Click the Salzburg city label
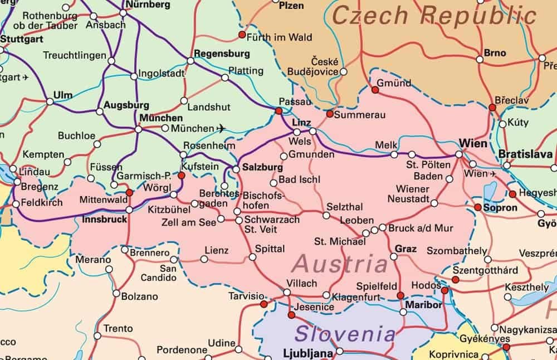point(262,168)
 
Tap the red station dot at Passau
point(278,111)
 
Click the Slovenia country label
point(345,334)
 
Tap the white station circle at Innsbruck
point(129,210)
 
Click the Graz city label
point(405,248)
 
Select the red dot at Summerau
point(330,114)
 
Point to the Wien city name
point(473,143)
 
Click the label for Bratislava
point(526,154)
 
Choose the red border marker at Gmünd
point(375,89)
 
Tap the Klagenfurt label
point(356,298)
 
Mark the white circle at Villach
point(287,292)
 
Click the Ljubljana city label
point(308,353)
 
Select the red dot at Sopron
point(478,207)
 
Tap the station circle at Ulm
point(50,101)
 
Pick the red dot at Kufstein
point(181,175)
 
